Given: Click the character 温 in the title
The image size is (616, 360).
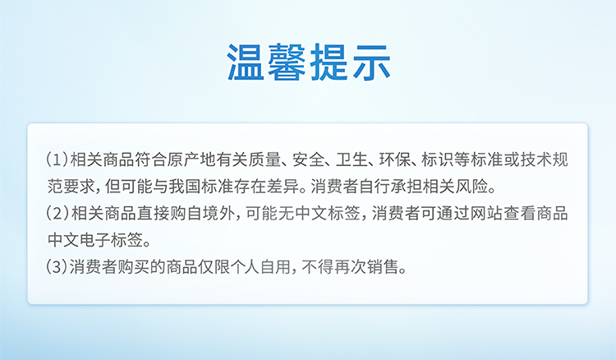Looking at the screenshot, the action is tap(246, 62).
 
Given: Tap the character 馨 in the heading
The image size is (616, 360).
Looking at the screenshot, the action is tap(287, 62).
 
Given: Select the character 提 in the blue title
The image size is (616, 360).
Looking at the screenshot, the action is tap(329, 62).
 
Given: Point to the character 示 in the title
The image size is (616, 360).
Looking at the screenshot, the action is tap(371, 62).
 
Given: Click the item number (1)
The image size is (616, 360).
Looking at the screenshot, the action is tap(57, 160).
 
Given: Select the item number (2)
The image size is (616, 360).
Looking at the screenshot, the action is tap(57, 214).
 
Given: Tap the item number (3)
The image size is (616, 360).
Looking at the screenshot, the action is tap(57, 267).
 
